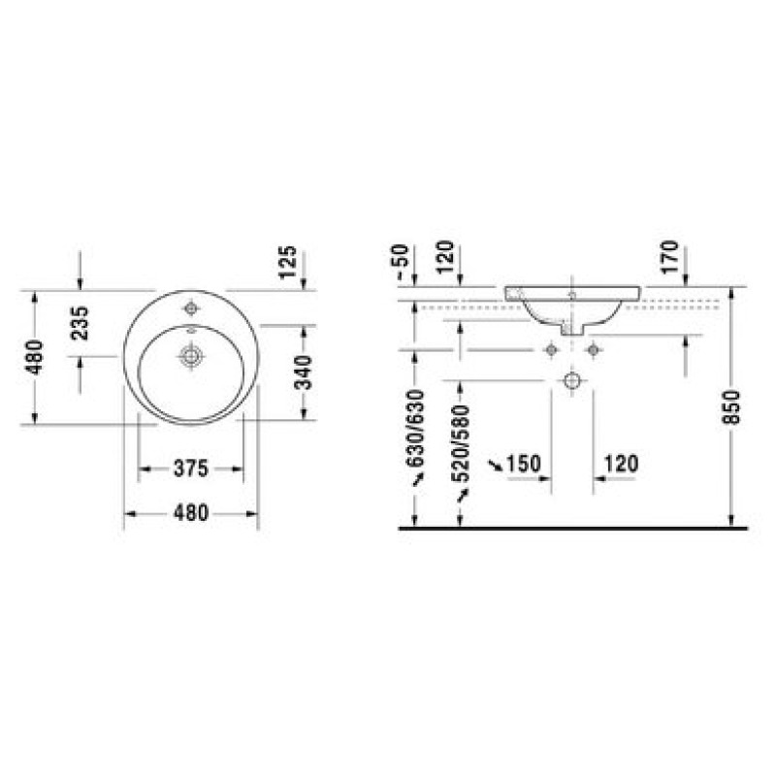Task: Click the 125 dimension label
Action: click(x=287, y=262)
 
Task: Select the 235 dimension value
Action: click(x=80, y=323)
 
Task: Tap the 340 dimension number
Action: click(x=303, y=372)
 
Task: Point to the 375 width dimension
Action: click(x=191, y=469)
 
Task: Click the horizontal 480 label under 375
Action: click(x=191, y=513)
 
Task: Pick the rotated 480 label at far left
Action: click(x=35, y=357)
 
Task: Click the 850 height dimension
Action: click(x=731, y=406)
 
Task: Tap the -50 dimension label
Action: click(x=402, y=262)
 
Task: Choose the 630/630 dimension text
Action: click(x=415, y=429)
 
